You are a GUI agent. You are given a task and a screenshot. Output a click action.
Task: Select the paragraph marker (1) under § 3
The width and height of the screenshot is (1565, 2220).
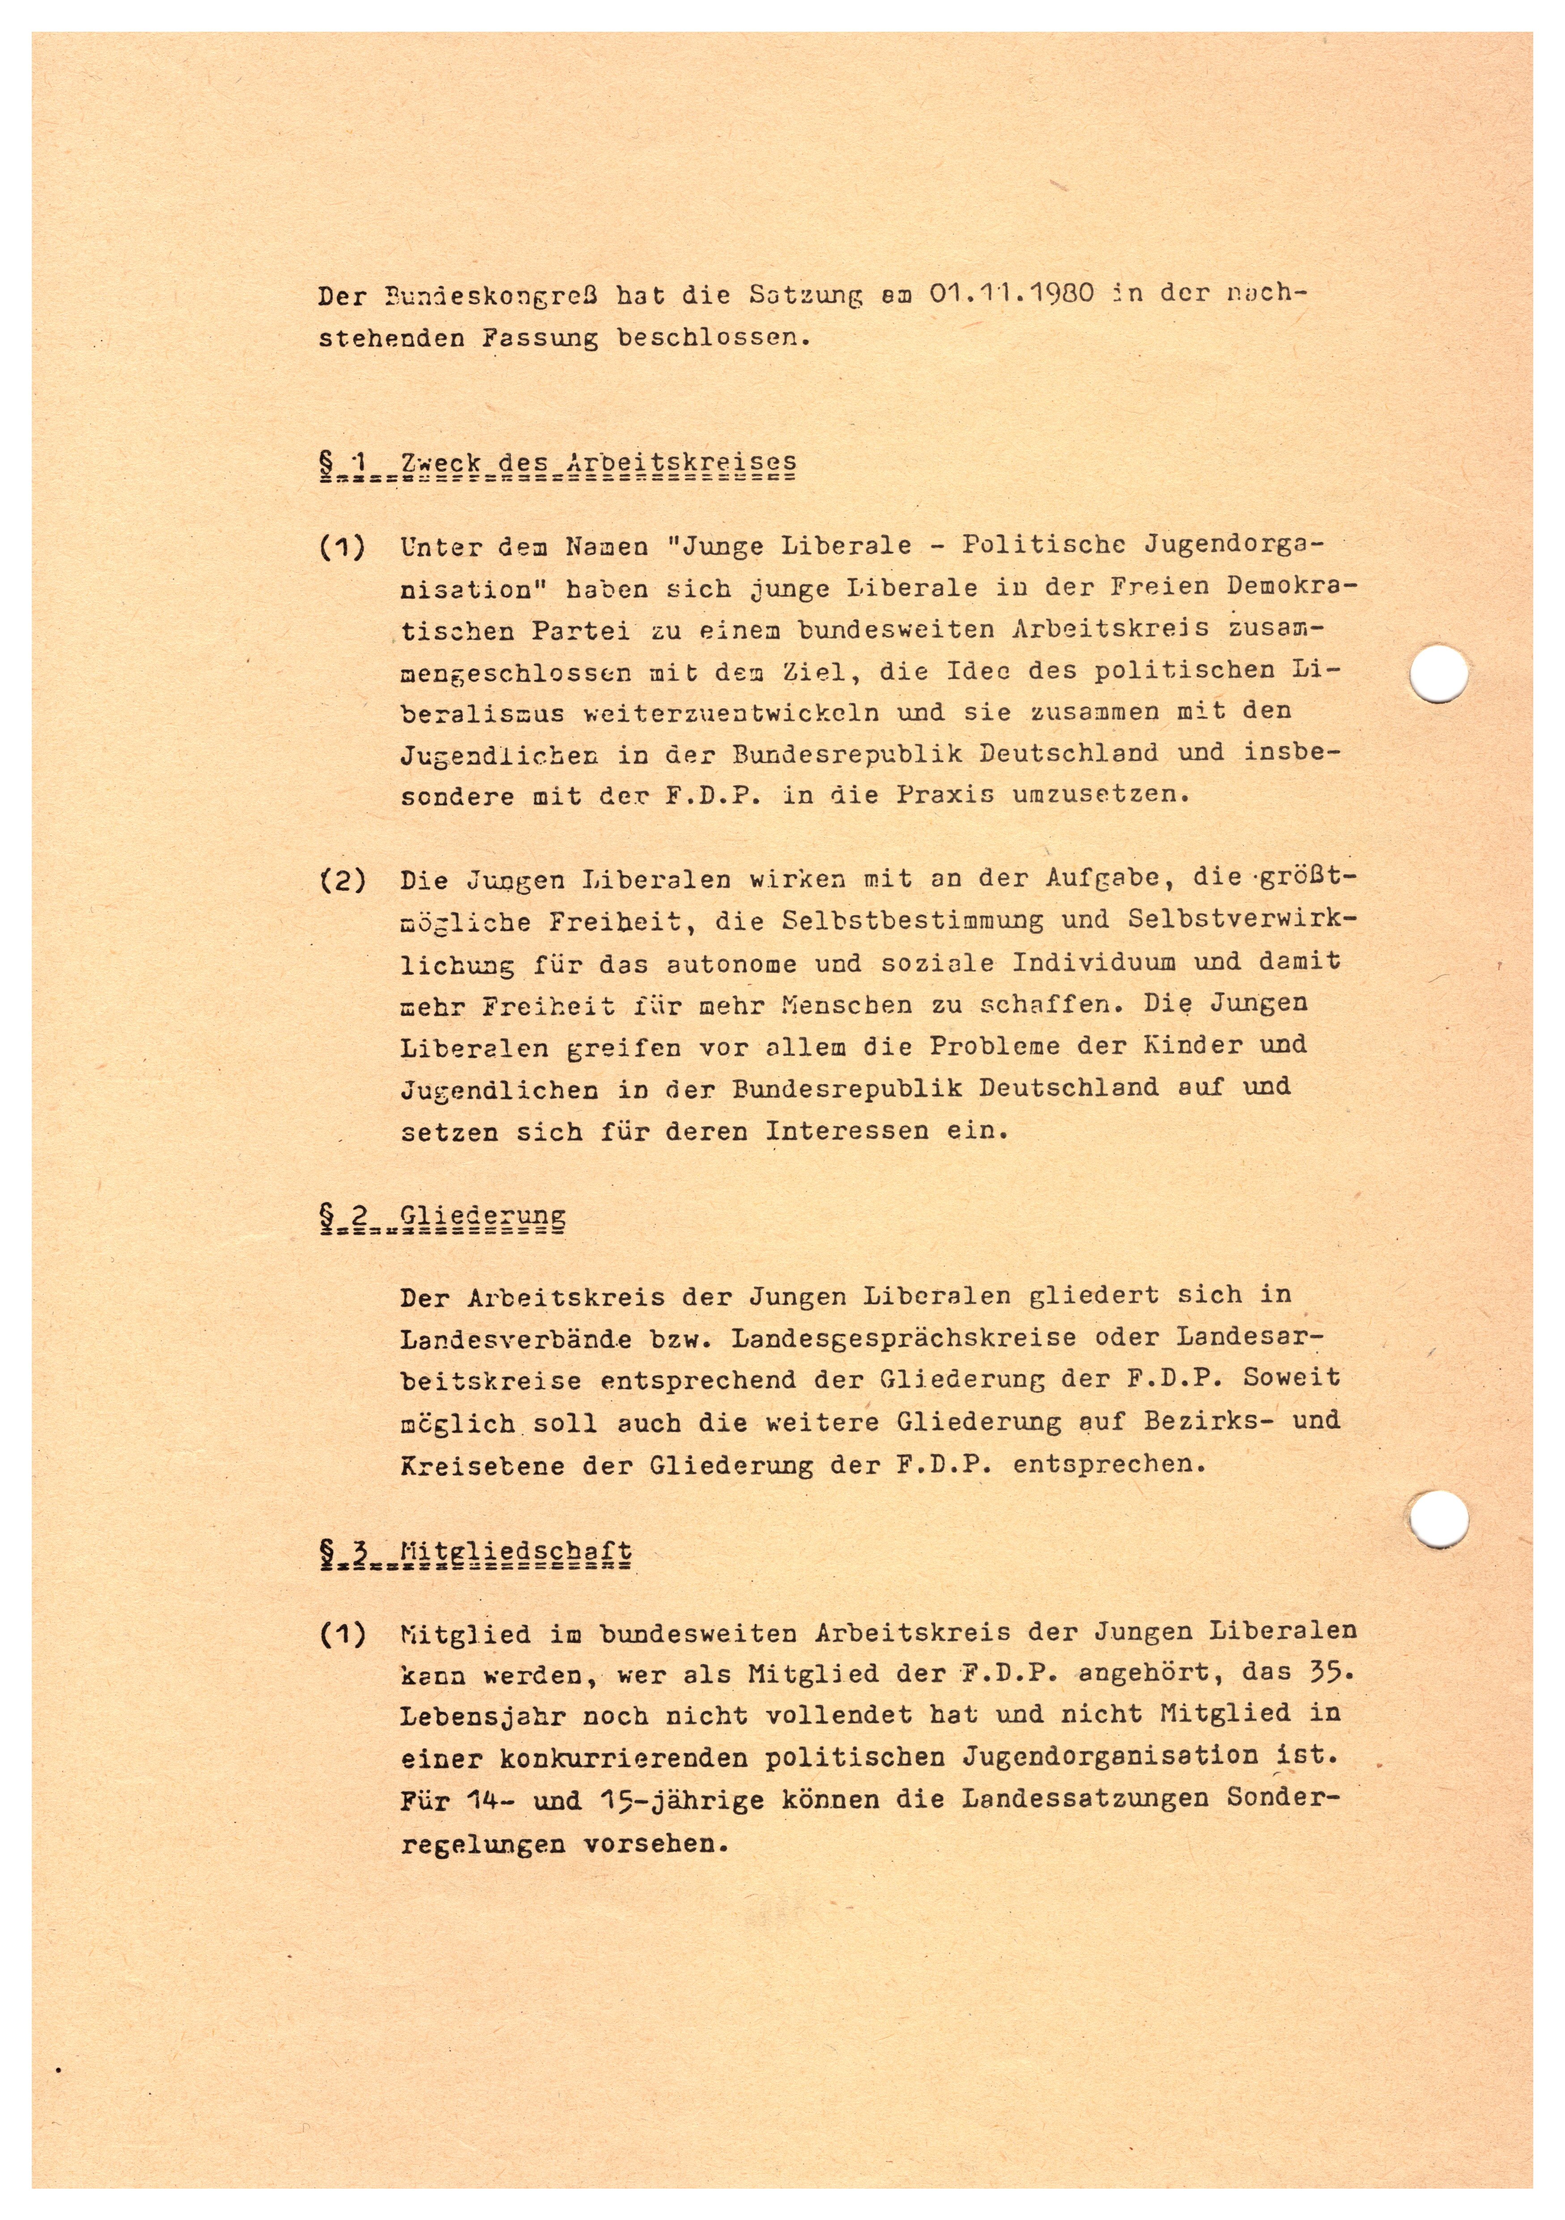click(x=342, y=1634)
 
